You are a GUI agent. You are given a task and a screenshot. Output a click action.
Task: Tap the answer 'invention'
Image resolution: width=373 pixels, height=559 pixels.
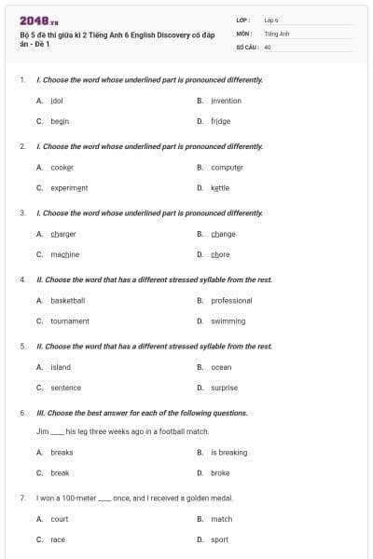tap(226, 101)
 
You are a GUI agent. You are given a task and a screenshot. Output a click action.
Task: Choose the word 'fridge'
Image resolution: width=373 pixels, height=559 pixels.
tap(220, 121)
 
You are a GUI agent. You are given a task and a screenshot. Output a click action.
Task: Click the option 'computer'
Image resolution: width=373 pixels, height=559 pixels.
tap(227, 168)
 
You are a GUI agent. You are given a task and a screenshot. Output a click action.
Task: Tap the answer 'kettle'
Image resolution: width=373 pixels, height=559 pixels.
tap(220, 187)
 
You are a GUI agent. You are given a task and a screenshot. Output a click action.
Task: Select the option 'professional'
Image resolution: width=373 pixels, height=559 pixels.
tap(231, 301)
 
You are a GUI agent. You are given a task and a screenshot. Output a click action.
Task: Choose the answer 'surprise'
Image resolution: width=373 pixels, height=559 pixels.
tap(224, 388)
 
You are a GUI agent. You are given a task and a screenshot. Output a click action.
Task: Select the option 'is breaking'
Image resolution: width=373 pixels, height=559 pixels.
tap(228, 453)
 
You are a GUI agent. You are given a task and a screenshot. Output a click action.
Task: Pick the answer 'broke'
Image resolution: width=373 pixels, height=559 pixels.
tap(220, 473)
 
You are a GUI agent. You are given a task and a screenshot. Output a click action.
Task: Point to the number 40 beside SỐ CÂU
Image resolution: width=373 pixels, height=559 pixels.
tap(268, 46)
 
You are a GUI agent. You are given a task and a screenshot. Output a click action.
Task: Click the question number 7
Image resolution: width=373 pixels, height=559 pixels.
tap(21, 498)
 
